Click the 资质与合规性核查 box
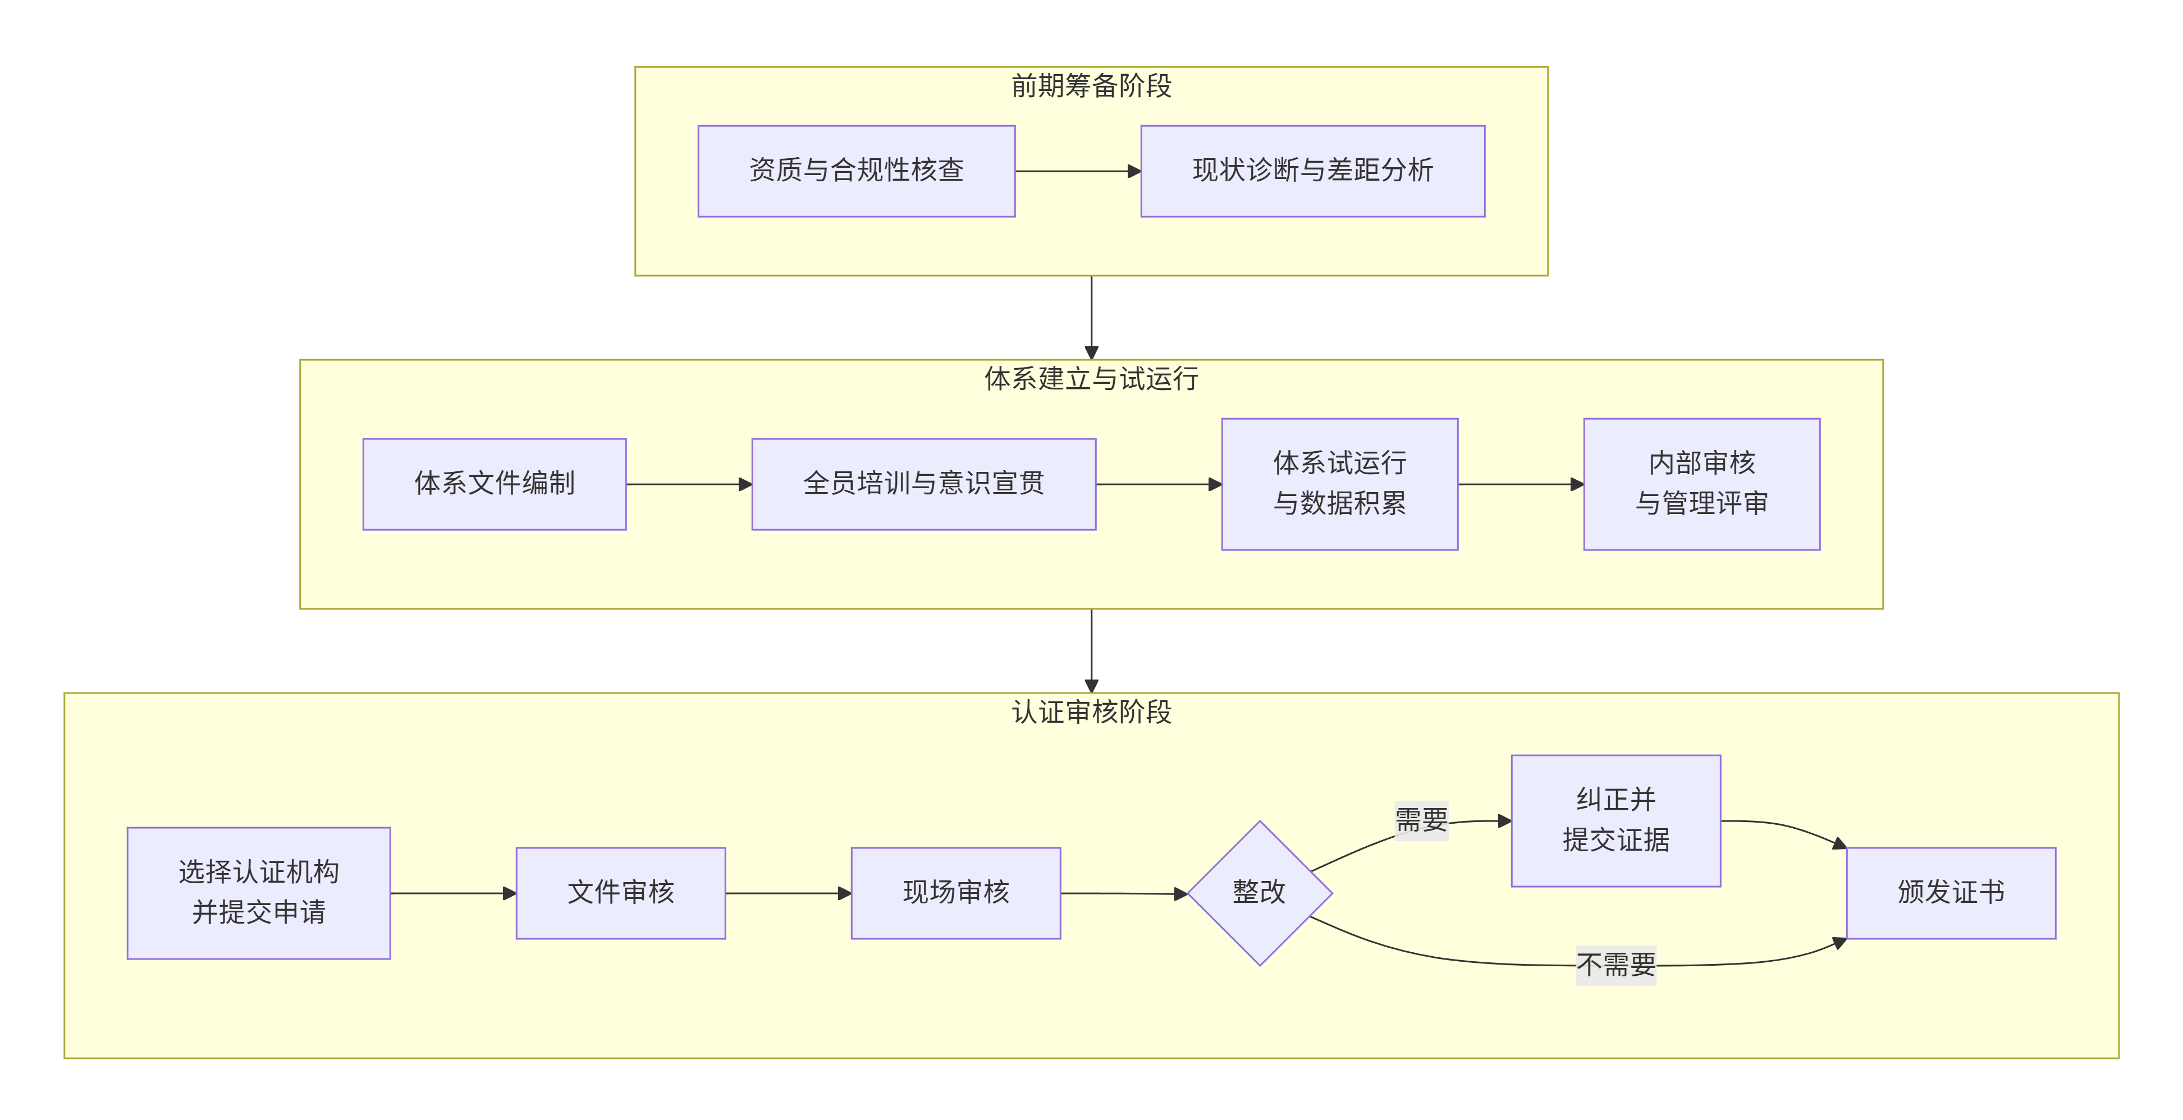856,171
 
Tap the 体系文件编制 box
494,484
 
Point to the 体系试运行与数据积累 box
1339,484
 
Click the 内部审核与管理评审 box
1701,484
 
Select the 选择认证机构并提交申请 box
258,892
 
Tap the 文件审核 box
620,892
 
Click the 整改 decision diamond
1259,892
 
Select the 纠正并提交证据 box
1615,820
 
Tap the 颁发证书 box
1950,892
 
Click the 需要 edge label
1421,820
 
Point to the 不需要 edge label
1615,965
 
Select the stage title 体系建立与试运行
1091,379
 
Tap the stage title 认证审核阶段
1091,712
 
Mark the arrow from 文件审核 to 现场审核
788,893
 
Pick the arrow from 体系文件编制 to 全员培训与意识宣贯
688,484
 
